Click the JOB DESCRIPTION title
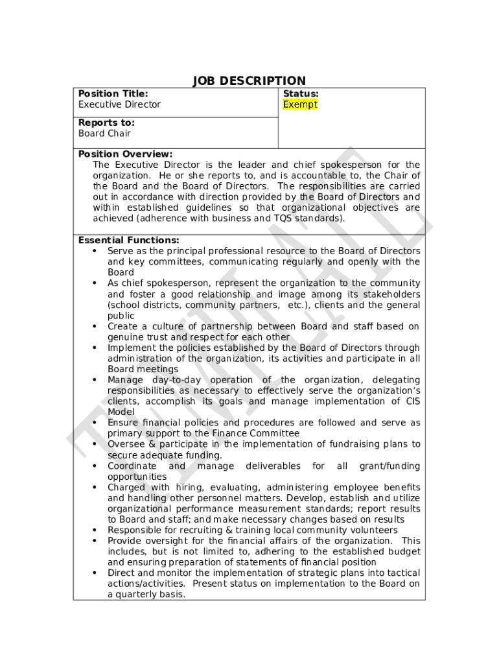tap(249, 81)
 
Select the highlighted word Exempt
tap(300, 104)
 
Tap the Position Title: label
tap(113, 94)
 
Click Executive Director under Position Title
tap(119, 104)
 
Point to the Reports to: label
tap(106, 123)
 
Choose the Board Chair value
tap(104, 134)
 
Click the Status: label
tap(301, 94)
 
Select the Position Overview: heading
tap(125, 154)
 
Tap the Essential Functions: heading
tap(128, 240)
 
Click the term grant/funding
tap(389, 466)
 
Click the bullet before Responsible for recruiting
tap(95, 530)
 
